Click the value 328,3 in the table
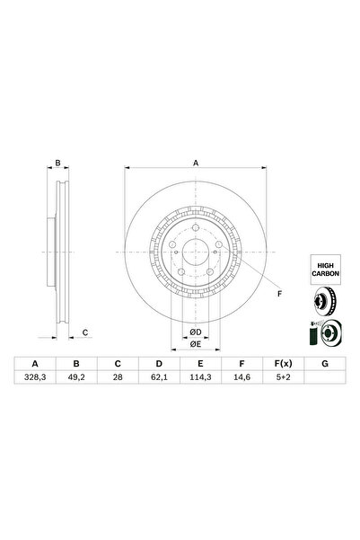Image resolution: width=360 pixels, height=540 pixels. (35, 379)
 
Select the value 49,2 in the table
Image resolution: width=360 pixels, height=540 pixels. (76, 379)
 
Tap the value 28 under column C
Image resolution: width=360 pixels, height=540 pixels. (118, 379)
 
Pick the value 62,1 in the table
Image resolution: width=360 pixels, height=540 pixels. (159, 379)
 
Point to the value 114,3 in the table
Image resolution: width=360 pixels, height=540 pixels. (200, 379)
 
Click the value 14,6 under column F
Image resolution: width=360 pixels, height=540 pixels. (241, 379)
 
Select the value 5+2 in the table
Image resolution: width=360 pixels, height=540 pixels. (282, 379)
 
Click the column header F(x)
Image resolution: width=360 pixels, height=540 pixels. (282, 364)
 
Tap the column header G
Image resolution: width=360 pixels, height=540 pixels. (323, 364)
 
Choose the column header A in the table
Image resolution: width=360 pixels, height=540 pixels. (35, 364)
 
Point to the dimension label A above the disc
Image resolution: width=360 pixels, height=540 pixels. (196, 164)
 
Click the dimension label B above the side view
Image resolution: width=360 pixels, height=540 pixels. (57, 164)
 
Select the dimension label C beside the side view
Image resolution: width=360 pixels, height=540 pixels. (84, 333)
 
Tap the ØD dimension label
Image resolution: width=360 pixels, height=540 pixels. (195, 332)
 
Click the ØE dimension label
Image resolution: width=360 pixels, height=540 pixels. (195, 344)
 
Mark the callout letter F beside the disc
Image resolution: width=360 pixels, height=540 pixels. (278, 294)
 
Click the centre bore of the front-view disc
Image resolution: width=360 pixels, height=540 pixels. (195, 254)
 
